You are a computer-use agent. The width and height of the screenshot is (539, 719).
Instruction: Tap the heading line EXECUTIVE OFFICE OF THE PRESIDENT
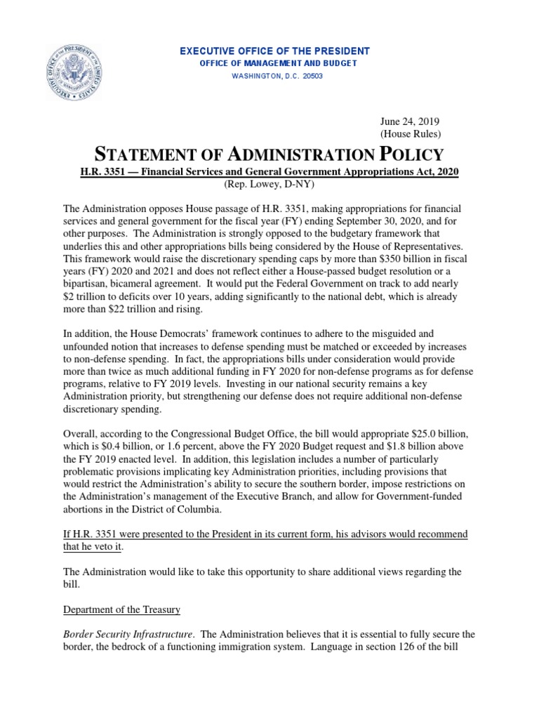click(x=275, y=52)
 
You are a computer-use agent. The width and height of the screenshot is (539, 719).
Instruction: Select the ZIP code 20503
click(x=312, y=76)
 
